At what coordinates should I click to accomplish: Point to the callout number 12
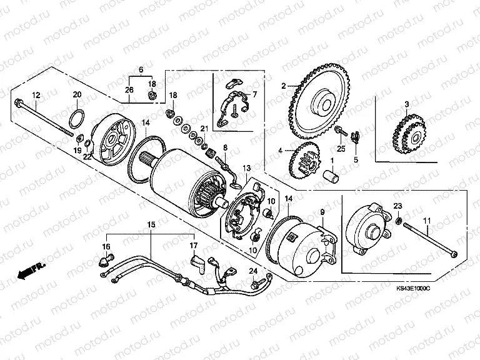point(36,95)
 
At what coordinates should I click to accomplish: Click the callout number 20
point(77,94)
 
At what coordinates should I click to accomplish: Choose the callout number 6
point(141,69)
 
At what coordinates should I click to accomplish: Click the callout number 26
point(129,90)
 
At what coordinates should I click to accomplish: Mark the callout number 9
point(323,212)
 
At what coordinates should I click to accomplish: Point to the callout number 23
point(397,206)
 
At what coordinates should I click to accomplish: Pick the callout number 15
point(150,223)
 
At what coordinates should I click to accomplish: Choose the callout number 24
point(253,271)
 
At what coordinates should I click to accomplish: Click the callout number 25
point(341,149)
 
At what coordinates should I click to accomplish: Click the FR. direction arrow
point(32,271)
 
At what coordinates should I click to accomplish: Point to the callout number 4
point(281,151)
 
